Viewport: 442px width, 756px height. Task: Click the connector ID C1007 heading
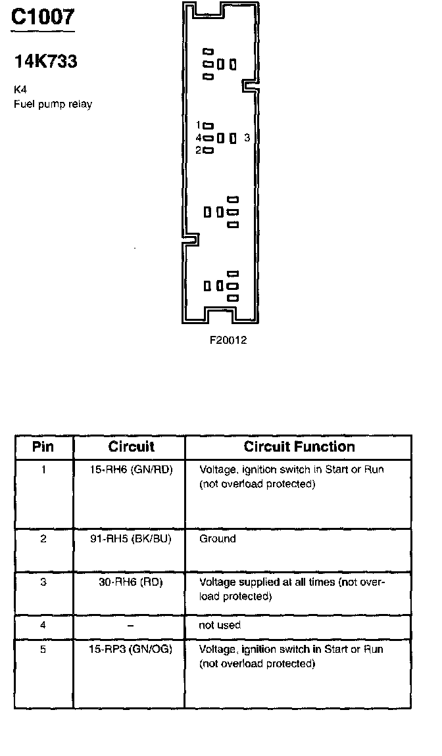tap(42, 17)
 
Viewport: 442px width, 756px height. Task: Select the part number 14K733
tap(45, 62)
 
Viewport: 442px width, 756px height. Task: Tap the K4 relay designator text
tap(20, 89)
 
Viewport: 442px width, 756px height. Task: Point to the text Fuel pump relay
tap(53, 104)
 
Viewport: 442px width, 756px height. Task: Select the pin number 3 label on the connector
tap(247, 138)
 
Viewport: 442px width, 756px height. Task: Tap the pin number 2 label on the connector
tap(198, 151)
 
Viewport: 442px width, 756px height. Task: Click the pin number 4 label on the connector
tap(198, 138)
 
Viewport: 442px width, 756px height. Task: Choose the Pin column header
tap(43, 447)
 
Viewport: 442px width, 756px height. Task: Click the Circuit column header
tap(131, 447)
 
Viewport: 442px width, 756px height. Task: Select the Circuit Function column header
tap(299, 447)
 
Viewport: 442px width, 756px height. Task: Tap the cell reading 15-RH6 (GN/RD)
tap(131, 470)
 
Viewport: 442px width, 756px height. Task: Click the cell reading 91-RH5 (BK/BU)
tap(130, 539)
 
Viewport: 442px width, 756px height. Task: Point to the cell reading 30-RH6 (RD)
tap(130, 582)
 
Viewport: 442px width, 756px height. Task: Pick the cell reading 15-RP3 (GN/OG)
tap(130, 650)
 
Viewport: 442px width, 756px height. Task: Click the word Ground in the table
tap(217, 539)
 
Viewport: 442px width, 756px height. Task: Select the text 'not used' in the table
tap(220, 625)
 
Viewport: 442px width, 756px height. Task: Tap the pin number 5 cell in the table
tap(43, 650)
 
